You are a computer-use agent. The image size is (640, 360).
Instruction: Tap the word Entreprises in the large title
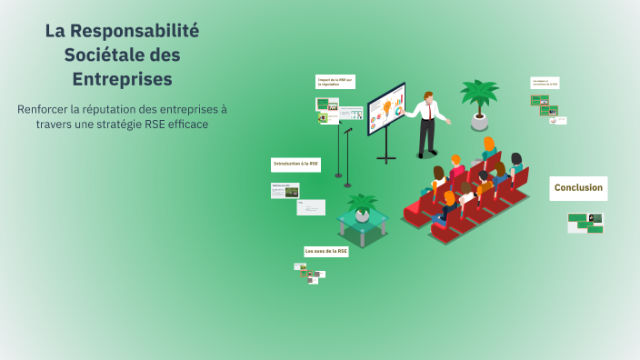(122, 79)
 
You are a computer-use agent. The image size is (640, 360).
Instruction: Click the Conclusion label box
(578, 188)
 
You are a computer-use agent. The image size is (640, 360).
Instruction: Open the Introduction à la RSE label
(296, 165)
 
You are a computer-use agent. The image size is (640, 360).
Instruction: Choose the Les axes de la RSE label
(326, 251)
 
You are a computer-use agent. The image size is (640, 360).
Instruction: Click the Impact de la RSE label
(335, 82)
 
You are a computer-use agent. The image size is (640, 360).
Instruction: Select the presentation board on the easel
(386, 109)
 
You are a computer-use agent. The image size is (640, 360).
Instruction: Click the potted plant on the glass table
(363, 205)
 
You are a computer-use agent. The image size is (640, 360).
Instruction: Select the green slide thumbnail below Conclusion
(585, 223)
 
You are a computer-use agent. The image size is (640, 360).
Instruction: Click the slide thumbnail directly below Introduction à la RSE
(285, 191)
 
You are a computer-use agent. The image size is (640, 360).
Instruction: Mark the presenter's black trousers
(425, 136)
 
